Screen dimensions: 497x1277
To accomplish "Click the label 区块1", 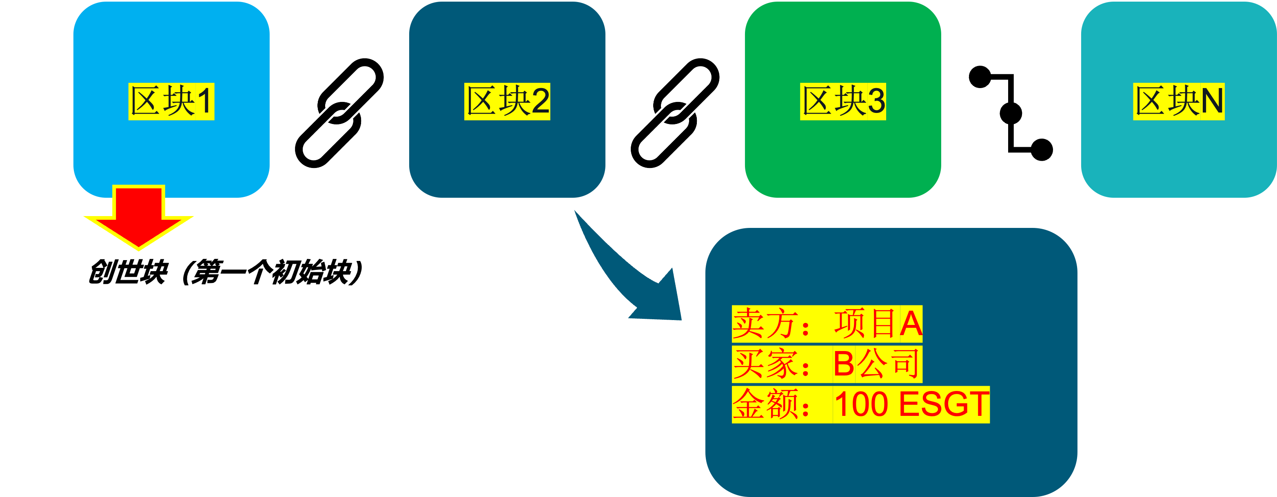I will [171, 102].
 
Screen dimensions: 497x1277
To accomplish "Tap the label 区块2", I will [507, 102].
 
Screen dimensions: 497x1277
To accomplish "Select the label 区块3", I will [843, 102].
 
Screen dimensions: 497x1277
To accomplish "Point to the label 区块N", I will [1179, 102].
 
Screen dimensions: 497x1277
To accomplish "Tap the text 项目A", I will [878, 324].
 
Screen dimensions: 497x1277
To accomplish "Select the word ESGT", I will [944, 404].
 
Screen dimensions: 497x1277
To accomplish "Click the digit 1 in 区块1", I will [205, 102].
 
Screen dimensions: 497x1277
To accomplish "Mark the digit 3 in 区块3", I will [876, 102].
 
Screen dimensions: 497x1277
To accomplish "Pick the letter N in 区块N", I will [1212, 102].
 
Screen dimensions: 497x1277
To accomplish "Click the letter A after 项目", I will [911, 324].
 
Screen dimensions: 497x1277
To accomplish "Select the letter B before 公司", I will [844, 364].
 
